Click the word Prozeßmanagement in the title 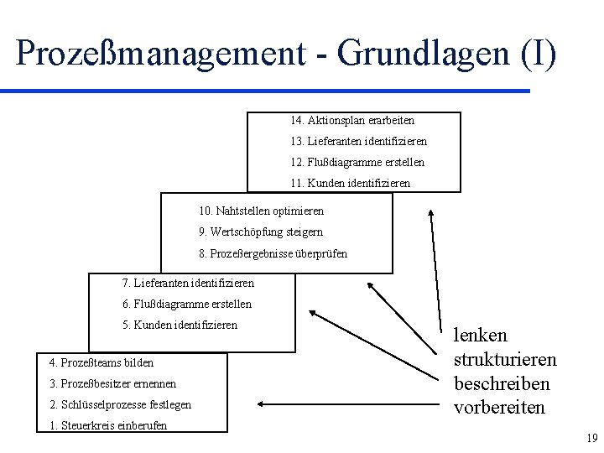click(158, 53)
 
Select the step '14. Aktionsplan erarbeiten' click(352, 121)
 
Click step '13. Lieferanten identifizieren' click(358, 142)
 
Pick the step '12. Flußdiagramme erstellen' click(357, 162)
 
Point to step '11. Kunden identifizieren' click(350, 182)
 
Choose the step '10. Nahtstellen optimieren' click(261, 211)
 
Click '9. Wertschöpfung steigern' click(260, 232)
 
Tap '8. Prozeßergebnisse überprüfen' click(273, 253)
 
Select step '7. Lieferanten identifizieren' click(188, 283)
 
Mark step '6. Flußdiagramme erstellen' click(186, 304)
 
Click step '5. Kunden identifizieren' click(180, 325)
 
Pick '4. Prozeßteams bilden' click(102, 363)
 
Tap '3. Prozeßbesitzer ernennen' click(112, 383)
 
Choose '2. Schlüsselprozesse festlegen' click(120, 404)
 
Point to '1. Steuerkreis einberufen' click(108, 425)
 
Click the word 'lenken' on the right click(480, 336)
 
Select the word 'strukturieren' click(504, 360)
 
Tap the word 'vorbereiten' click(499, 408)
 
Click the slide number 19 click(591, 438)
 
